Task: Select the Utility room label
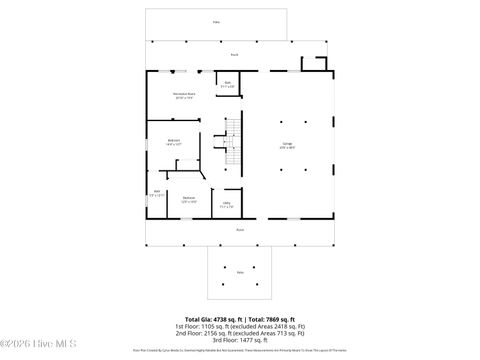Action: click(x=227, y=204)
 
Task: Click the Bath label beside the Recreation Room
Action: click(x=228, y=83)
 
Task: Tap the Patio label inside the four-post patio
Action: click(x=240, y=271)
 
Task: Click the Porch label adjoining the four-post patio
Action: click(x=240, y=230)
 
